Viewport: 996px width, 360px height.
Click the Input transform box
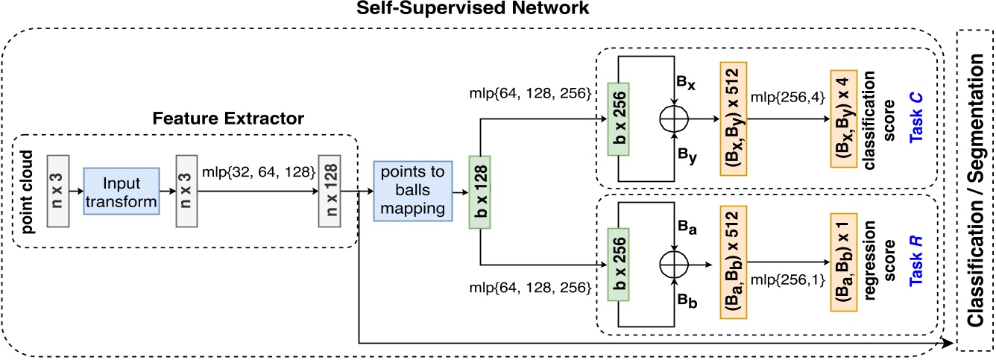click(121, 192)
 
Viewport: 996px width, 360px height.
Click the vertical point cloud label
click(29, 192)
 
